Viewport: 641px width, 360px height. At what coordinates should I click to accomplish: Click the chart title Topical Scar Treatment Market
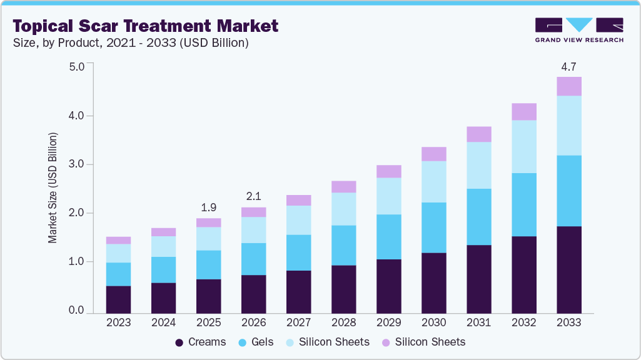[145, 26]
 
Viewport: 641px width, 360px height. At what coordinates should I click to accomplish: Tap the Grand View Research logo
[578, 30]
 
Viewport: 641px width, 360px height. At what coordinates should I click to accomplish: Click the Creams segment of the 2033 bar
[568, 269]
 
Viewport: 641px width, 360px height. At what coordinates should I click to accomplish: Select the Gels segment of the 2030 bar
[433, 227]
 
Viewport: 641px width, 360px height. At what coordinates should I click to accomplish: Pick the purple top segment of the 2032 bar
[523, 111]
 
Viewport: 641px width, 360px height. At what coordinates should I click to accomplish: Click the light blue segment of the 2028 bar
[343, 209]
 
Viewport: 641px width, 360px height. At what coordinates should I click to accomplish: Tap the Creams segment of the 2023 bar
[118, 299]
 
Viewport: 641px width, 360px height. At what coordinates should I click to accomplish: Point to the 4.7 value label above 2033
[568, 66]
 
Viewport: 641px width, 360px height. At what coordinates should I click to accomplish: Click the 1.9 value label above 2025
[208, 207]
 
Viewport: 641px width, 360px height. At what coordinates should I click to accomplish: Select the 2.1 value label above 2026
[253, 196]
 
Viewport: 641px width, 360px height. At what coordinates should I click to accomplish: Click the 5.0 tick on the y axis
[76, 66]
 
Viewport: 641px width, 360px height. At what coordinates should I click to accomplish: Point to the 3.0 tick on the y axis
[76, 164]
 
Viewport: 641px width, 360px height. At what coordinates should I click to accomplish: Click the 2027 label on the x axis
[298, 323]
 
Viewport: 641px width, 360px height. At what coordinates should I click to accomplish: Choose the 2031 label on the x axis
[478, 323]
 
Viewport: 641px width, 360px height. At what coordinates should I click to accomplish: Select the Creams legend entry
[200, 342]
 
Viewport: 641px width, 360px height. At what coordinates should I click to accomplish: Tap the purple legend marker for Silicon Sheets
[386, 342]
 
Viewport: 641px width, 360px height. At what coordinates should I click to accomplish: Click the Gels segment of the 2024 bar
[163, 269]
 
